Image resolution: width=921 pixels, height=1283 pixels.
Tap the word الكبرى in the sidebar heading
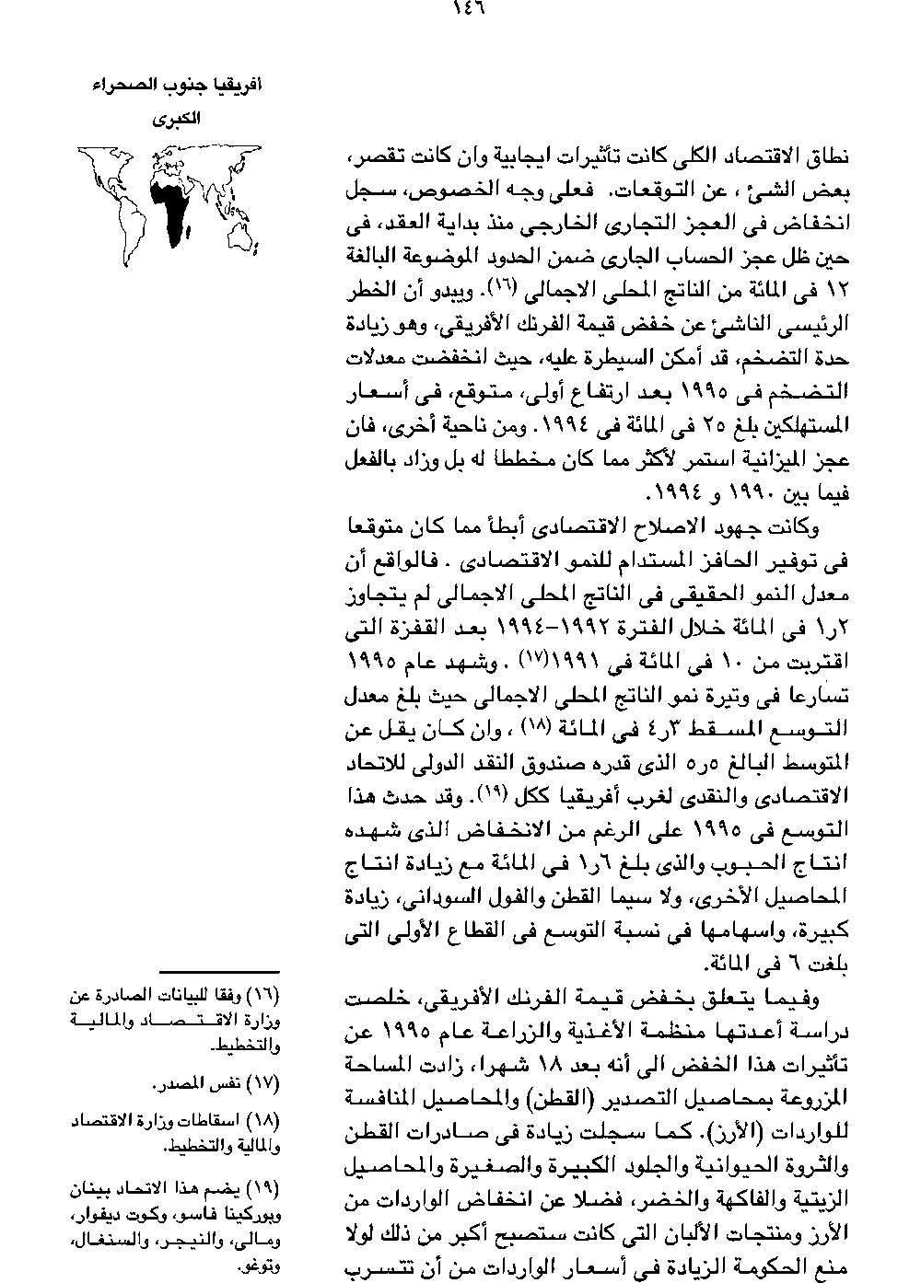point(175,120)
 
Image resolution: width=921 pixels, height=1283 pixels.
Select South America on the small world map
point(119,219)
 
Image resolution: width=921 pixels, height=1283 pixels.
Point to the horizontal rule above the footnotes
point(218,972)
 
